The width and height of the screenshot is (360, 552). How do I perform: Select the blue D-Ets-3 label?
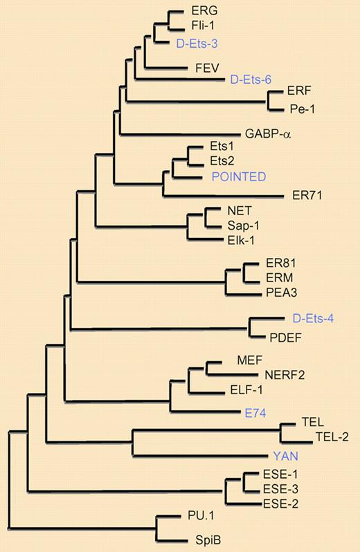click(200, 42)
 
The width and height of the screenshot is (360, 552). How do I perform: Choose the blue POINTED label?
click(238, 176)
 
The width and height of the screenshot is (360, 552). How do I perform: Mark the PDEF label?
click(286, 338)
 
